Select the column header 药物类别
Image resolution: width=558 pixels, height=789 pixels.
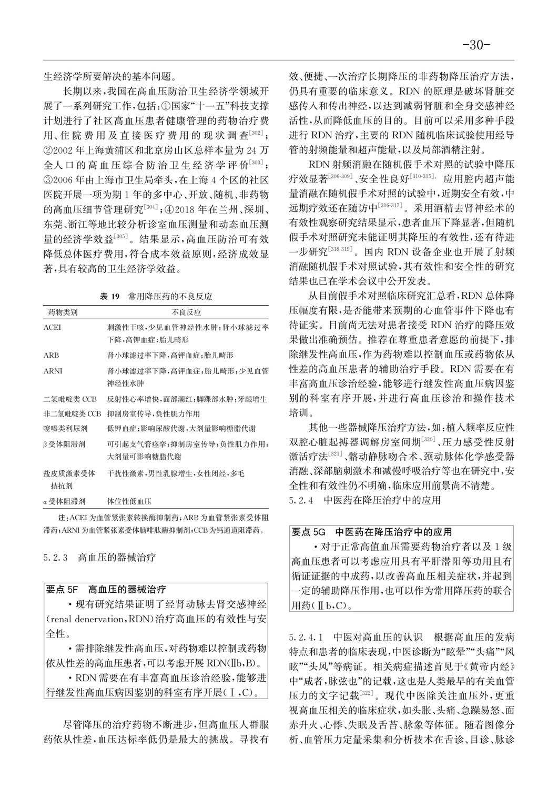tap(63, 312)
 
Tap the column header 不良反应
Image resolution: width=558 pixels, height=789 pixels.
tap(187, 312)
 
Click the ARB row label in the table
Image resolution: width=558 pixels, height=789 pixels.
tap(51, 356)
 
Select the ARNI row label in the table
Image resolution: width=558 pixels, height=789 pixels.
tap(53, 371)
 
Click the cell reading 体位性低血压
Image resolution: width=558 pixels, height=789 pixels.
tap(129, 501)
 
